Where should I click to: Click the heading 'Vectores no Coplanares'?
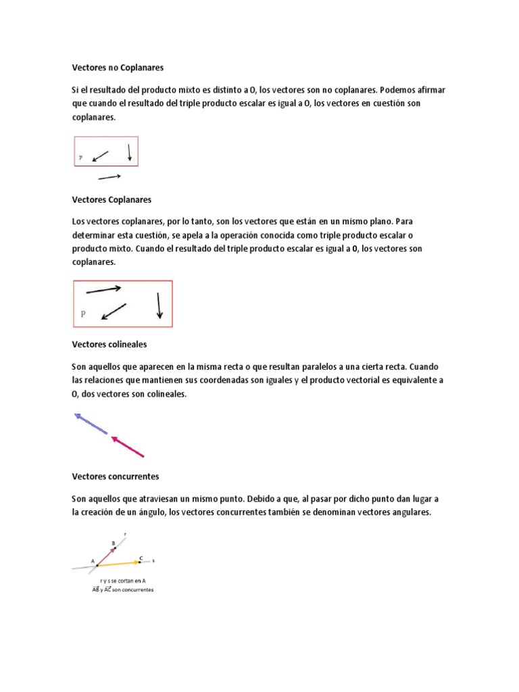(x=118, y=68)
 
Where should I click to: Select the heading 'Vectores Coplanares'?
(x=111, y=200)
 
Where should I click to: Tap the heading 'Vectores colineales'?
(x=109, y=344)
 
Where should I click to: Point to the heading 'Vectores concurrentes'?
(x=115, y=476)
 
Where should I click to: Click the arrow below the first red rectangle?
(x=109, y=177)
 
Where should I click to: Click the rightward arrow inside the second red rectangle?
(x=103, y=290)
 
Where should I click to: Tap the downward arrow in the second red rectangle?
(x=159, y=305)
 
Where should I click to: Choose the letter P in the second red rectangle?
(x=83, y=314)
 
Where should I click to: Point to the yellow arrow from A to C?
(x=119, y=562)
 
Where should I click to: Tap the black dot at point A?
(x=97, y=564)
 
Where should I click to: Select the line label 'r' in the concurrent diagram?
(x=125, y=533)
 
